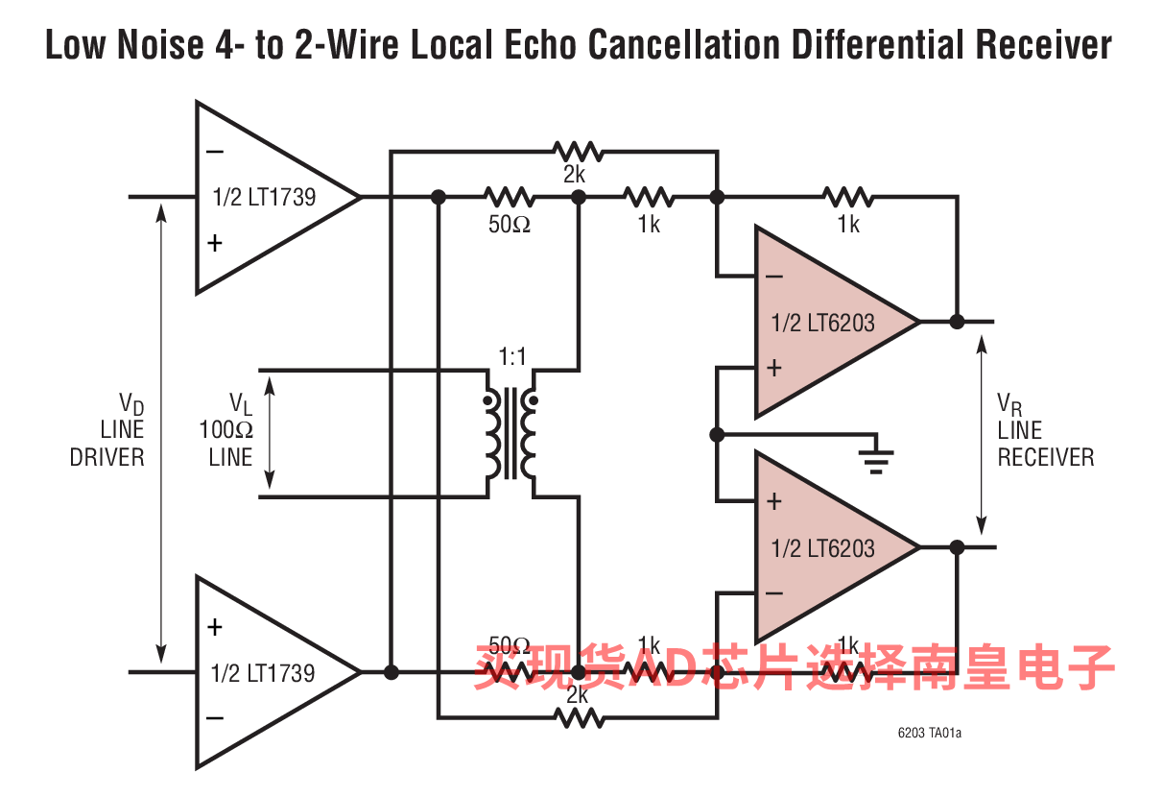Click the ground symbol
point(874,459)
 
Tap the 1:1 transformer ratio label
point(511,357)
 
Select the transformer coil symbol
point(511,434)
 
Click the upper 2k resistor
point(578,151)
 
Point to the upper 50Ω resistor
point(509,197)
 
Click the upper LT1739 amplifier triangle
point(269,197)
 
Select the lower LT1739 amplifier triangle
point(269,672)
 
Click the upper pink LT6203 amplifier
point(825,322)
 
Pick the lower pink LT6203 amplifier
point(825,547)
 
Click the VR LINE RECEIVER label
point(1044,429)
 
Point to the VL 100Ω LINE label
point(228,429)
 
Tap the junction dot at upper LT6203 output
point(957,322)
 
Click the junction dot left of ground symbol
point(717,434)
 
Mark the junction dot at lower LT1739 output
point(392,672)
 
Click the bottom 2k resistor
point(578,716)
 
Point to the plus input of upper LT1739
point(215,243)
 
